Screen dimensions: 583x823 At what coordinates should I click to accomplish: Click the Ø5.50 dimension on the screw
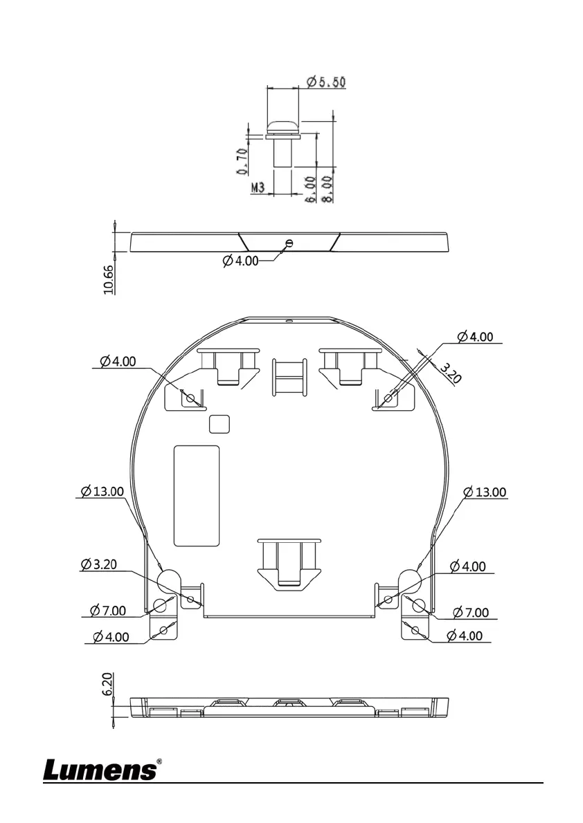click(326, 82)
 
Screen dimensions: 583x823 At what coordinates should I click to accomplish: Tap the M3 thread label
click(258, 187)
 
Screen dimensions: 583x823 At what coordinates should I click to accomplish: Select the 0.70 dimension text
click(242, 161)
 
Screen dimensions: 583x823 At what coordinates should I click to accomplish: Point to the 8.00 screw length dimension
click(326, 189)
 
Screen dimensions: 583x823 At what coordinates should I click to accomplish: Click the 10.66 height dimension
click(108, 279)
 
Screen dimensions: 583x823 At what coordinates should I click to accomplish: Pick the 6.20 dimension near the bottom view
click(107, 685)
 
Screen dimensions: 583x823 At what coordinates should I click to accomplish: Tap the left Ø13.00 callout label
click(102, 491)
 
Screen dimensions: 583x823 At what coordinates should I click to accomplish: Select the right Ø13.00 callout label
click(485, 492)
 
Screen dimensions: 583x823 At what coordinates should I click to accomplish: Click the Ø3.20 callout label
click(99, 564)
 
